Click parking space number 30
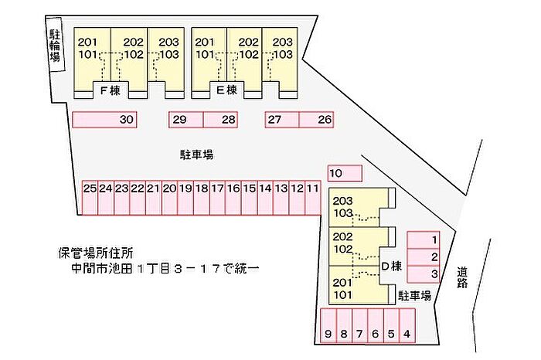(x=104, y=120)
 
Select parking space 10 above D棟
(x=345, y=173)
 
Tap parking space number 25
(x=90, y=198)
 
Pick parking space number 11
(x=313, y=198)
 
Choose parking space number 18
(x=202, y=198)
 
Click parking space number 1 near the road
(x=424, y=240)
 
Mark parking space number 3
(x=424, y=274)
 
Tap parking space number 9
(x=328, y=325)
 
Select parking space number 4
(x=407, y=325)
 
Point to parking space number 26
(x=316, y=120)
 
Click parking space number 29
(x=186, y=120)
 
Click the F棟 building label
(x=111, y=90)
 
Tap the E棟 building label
(x=226, y=90)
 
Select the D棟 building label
(x=392, y=267)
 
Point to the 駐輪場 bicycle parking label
(x=55, y=46)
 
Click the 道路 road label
(x=463, y=277)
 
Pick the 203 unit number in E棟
(x=283, y=42)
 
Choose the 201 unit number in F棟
(x=87, y=42)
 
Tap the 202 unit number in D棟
(x=342, y=236)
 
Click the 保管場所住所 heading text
(x=96, y=253)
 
